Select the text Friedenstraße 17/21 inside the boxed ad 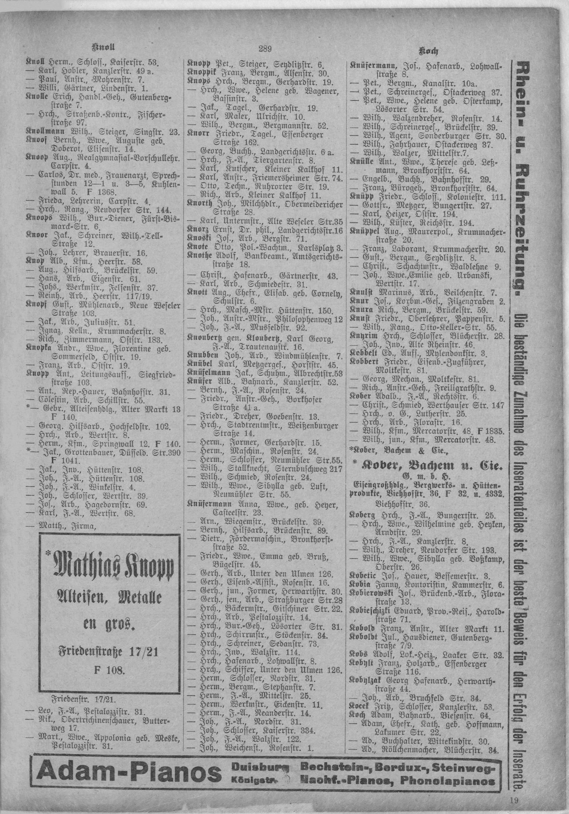click(x=109, y=652)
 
